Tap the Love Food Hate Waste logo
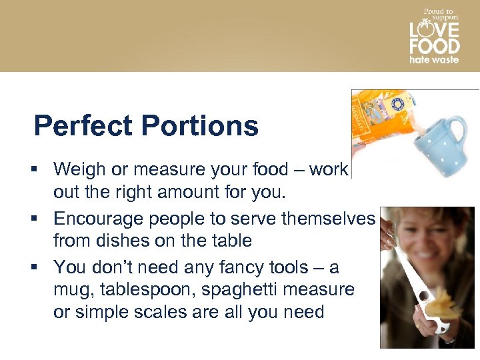click(434, 36)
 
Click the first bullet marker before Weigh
click(39, 170)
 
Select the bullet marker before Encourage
click(39, 219)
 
